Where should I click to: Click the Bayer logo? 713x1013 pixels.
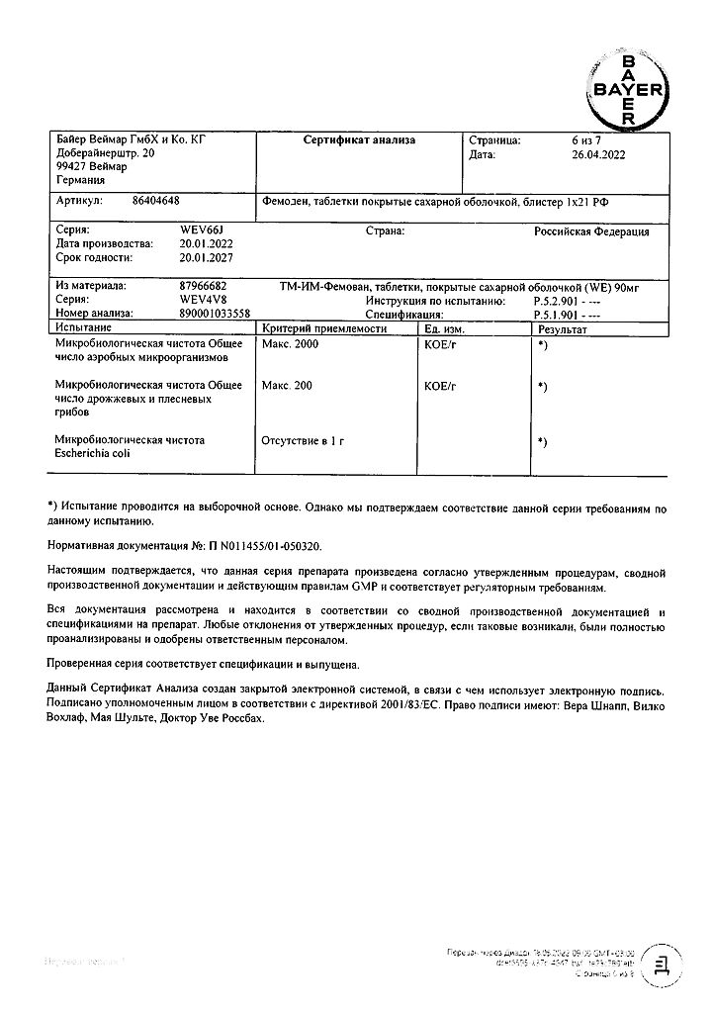[627, 88]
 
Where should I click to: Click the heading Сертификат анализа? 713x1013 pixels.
[359, 140]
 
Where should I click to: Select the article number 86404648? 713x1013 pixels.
[156, 199]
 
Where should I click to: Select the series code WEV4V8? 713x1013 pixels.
[199, 299]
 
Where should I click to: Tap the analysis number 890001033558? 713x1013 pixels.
[216, 313]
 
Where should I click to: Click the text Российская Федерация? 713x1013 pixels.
[591, 231]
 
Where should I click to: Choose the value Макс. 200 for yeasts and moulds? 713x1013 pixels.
[287, 386]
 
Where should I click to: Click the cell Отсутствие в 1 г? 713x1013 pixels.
[303, 439]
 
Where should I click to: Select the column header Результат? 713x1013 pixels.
[561, 327]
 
